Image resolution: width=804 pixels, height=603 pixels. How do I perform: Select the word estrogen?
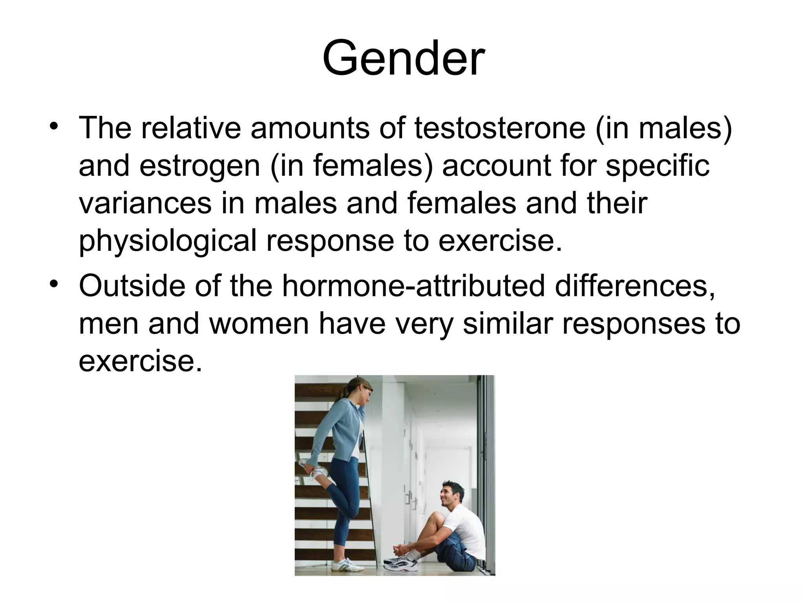tap(200, 165)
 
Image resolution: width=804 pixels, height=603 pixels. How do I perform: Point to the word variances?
tap(145, 203)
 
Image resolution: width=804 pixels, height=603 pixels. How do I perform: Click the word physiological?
tap(168, 240)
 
